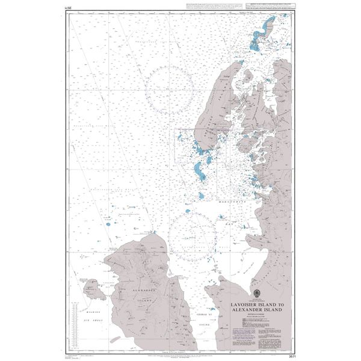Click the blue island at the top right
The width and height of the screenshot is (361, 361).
coord(264,33)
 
